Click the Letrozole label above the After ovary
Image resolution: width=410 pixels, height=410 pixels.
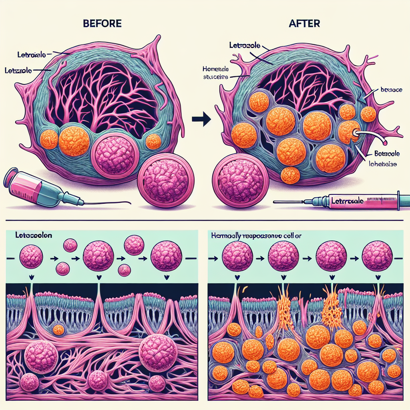245,46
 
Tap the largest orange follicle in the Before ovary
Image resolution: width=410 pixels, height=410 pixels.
75,142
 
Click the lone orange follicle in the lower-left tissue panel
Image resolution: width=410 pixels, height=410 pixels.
58,330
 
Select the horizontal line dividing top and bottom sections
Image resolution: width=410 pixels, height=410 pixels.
205,219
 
